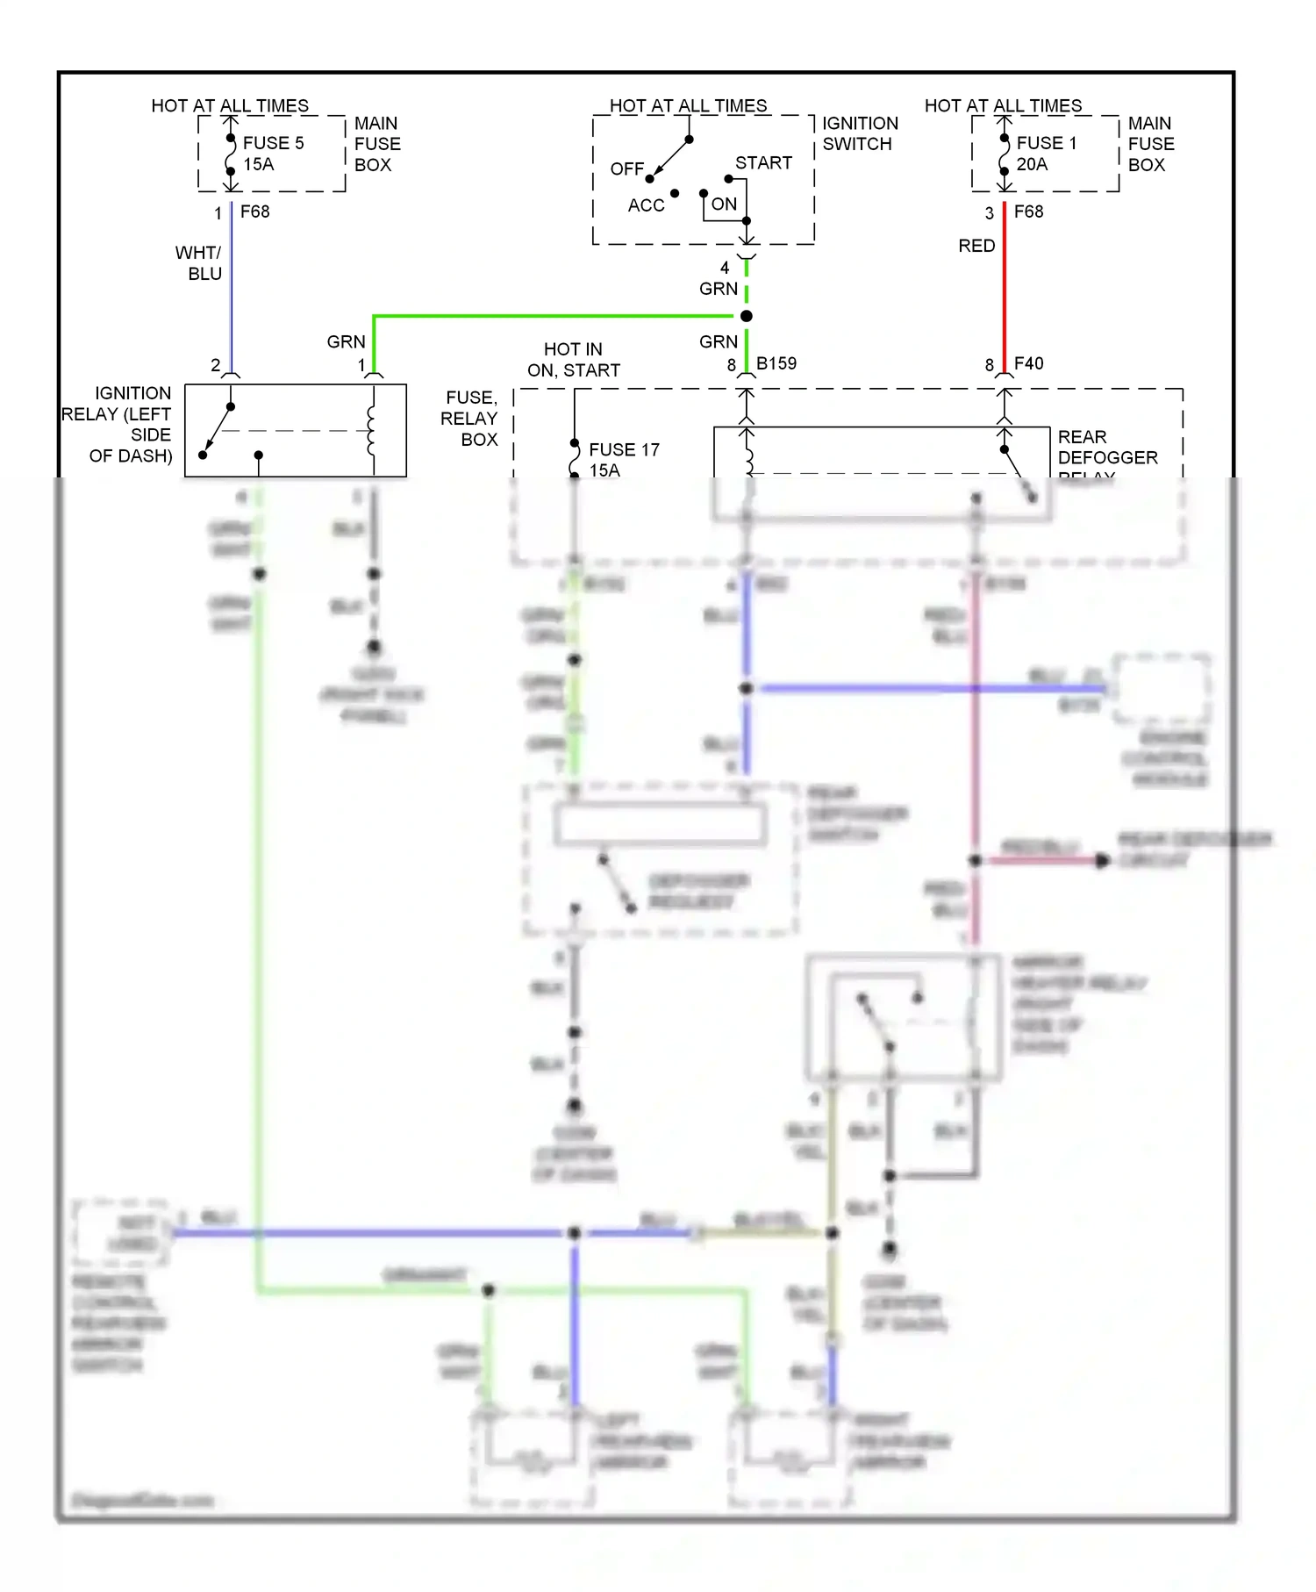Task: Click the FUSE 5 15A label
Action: pos(272,154)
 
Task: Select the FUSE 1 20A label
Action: pos(1046,154)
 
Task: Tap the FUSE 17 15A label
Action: pos(623,459)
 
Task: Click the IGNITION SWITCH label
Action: pos(859,133)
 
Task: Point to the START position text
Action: pos(763,163)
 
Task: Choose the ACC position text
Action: pos(646,205)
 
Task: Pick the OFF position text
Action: pos(626,169)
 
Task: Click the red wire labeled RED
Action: pos(1005,290)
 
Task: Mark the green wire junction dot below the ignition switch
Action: pos(747,316)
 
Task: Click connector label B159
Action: pos(776,363)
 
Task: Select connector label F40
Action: pos(1029,363)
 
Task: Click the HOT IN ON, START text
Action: pos(573,360)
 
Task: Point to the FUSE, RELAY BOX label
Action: pos(470,419)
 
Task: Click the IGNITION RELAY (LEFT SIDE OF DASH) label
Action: pos(118,425)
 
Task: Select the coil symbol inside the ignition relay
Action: pos(372,430)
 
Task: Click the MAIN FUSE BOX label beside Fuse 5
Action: pos(376,144)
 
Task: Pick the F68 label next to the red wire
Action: pos(1028,212)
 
